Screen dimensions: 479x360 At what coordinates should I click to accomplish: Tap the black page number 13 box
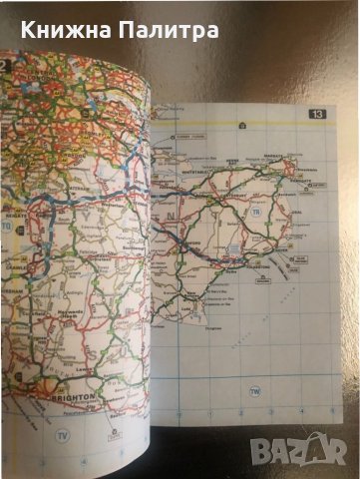318,113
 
